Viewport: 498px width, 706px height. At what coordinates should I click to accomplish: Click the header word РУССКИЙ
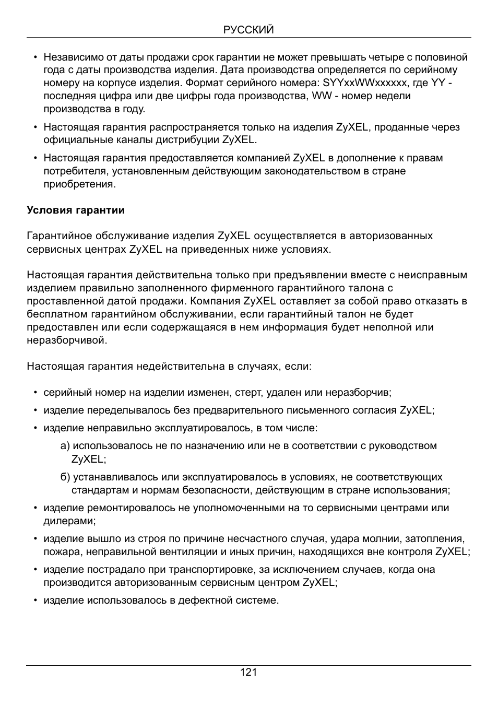(x=248, y=30)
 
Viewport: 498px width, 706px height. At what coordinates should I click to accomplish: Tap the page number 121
(x=248, y=672)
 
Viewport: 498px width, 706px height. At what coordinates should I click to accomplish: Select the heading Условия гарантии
(x=76, y=210)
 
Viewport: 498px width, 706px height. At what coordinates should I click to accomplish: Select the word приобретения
(x=79, y=184)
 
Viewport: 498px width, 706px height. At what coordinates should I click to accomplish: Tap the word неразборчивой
(x=67, y=340)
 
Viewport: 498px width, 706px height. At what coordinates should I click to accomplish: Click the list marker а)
(x=65, y=446)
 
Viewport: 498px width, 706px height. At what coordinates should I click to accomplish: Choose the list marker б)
(x=65, y=477)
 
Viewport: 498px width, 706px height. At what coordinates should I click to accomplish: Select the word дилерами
(x=69, y=521)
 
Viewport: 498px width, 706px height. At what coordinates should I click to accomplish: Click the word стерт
(x=249, y=393)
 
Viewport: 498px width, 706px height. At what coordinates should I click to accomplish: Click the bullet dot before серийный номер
(x=35, y=393)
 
